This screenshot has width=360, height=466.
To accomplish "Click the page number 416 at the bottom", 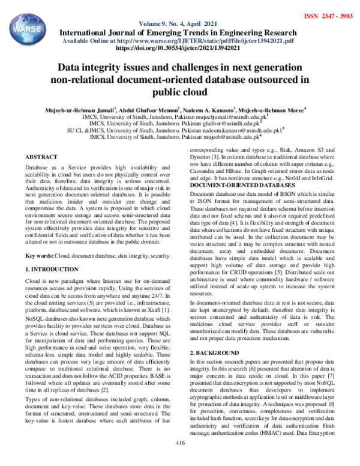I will [179, 459].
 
